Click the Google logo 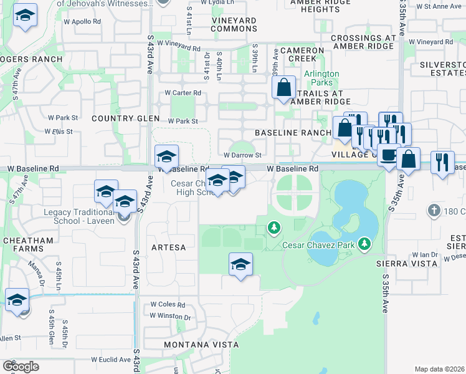pyautogui.click(x=21, y=367)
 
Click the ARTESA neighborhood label pyautogui.click(x=169, y=247)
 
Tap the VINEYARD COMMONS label pyautogui.click(x=234, y=24)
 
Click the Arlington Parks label pyautogui.click(x=321, y=78)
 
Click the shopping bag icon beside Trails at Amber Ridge pyautogui.click(x=283, y=89)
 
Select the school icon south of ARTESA pyautogui.click(x=240, y=264)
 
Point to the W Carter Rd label pyautogui.click(x=183, y=93)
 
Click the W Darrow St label pyautogui.click(x=241, y=155)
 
